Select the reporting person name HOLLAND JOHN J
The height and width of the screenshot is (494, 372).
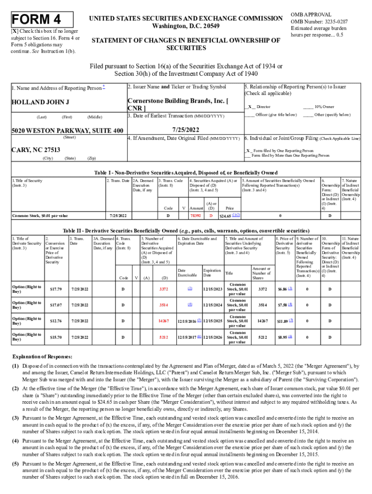(40, 102)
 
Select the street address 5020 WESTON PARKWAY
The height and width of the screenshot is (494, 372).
(64, 131)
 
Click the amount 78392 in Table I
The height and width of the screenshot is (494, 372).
(195, 215)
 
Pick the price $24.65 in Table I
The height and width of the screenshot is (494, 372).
(227, 215)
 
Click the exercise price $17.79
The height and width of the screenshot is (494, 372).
(56, 289)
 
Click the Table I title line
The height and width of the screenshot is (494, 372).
(186, 173)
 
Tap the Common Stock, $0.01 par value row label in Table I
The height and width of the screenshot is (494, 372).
(40, 215)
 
